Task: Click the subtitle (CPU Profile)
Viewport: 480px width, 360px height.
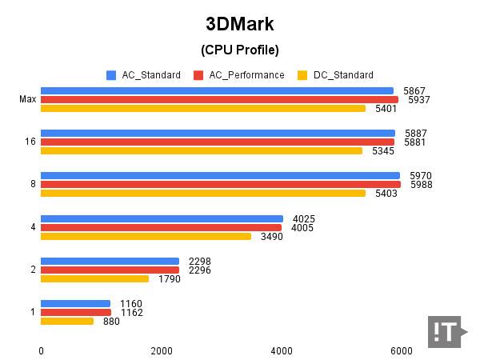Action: [x=239, y=50]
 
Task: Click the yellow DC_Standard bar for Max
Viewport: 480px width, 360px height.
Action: [x=203, y=109]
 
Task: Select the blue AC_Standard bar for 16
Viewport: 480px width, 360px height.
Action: [x=218, y=133]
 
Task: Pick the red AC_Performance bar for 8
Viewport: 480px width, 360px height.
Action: [x=221, y=185]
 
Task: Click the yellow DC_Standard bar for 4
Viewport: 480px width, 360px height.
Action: [x=146, y=236]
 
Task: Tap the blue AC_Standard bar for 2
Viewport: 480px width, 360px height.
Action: [x=110, y=261]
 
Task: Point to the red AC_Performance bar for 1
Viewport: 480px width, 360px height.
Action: [x=76, y=312]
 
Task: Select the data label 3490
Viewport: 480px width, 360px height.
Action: [x=272, y=237]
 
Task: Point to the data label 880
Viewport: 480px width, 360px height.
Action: [x=111, y=322]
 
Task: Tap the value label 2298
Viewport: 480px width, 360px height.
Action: [x=200, y=261]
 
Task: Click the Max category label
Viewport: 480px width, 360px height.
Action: [x=27, y=100]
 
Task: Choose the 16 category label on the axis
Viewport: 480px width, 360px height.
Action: [x=30, y=142]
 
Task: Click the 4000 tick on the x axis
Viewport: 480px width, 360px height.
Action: [x=282, y=351]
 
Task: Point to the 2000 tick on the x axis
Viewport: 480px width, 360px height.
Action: [x=161, y=351]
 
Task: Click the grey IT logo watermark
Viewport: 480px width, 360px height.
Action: [x=447, y=331]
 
